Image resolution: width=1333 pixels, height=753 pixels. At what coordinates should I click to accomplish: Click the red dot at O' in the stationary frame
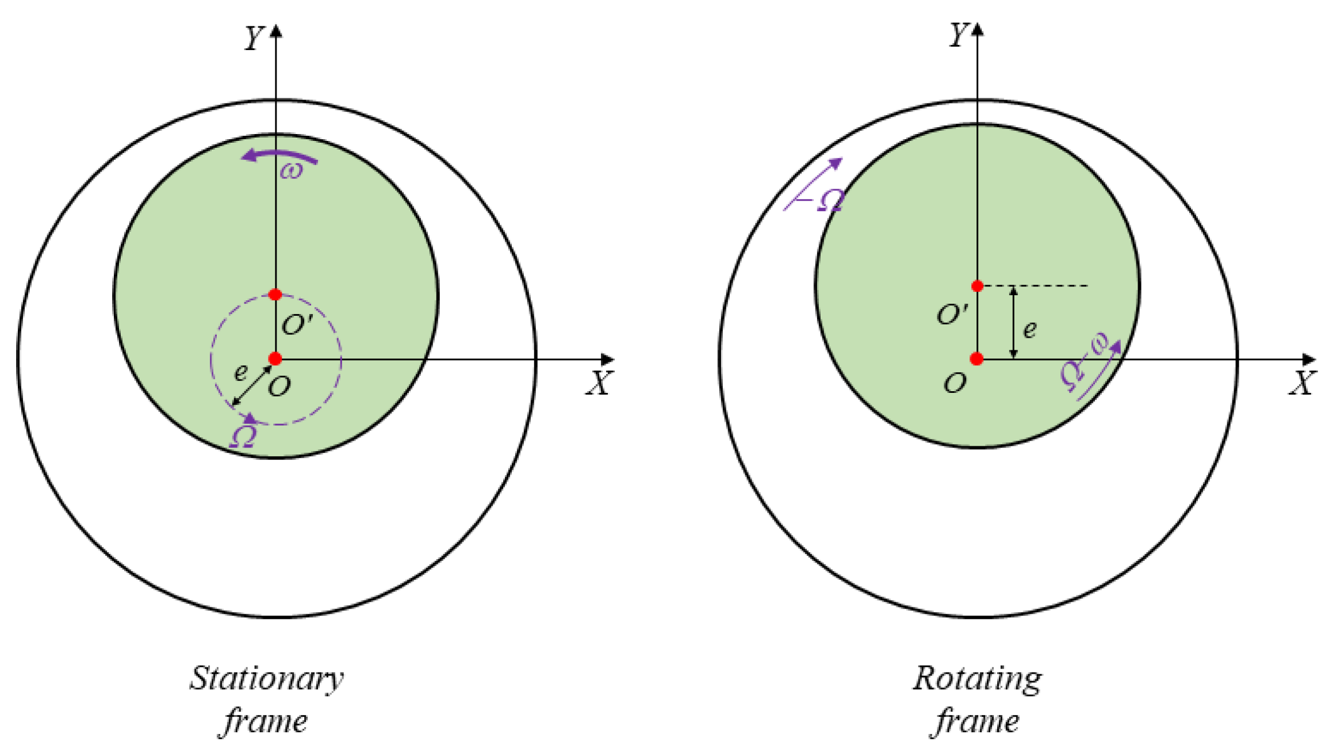tap(275, 295)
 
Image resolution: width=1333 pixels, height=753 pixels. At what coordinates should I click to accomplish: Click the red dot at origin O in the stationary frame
tap(275, 359)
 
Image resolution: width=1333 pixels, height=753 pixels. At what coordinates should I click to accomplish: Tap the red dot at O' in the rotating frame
tap(977, 286)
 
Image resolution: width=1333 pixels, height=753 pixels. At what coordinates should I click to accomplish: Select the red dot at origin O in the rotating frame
tap(976, 359)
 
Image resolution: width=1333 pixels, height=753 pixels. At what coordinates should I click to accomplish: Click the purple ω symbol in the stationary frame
tap(291, 170)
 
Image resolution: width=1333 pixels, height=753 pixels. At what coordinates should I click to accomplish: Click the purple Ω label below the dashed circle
tap(243, 436)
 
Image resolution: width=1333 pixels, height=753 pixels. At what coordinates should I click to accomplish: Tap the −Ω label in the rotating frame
tap(826, 200)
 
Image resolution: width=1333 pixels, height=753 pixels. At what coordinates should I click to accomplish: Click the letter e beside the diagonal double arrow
tap(241, 373)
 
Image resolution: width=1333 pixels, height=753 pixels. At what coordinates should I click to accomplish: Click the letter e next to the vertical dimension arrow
tap(1030, 329)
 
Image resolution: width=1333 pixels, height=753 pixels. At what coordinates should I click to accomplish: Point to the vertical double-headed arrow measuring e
tap(1014, 322)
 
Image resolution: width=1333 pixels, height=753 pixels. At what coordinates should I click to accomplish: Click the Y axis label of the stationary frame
tap(254, 38)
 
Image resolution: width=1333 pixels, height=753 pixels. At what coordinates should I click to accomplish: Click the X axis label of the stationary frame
tap(600, 383)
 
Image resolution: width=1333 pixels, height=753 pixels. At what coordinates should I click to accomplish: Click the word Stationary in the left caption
tap(267, 679)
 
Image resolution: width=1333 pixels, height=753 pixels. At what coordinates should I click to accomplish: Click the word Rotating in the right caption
tap(977, 679)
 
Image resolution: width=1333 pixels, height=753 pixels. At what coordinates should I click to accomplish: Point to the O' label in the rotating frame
tap(952, 315)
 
